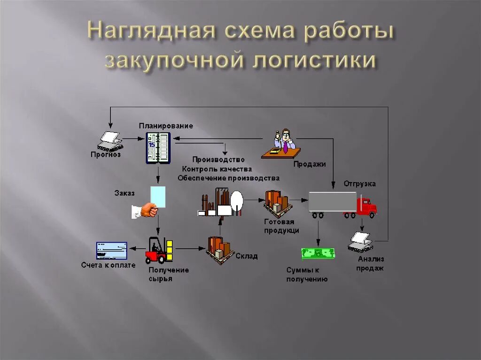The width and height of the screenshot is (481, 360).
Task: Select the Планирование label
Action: [165, 126]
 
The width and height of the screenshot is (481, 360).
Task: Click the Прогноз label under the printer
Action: [106, 154]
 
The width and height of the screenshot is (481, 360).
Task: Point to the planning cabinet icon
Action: [157, 147]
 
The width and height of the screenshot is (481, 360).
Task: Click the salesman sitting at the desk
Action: [284, 142]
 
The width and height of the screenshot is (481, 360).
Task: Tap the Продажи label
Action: [310, 164]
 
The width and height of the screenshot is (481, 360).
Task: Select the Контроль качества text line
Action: [217, 169]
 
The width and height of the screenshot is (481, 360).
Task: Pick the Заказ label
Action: [124, 192]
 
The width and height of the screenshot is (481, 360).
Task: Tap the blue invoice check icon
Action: [111, 250]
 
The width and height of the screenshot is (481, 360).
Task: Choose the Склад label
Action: [246, 256]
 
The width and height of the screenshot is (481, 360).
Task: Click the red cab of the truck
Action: [366, 207]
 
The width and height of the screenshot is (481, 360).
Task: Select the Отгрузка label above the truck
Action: [359, 184]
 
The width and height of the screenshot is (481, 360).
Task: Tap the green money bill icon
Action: [318, 253]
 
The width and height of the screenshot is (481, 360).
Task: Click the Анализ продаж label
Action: [370, 263]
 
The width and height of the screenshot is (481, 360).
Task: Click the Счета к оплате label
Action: [108, 265]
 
